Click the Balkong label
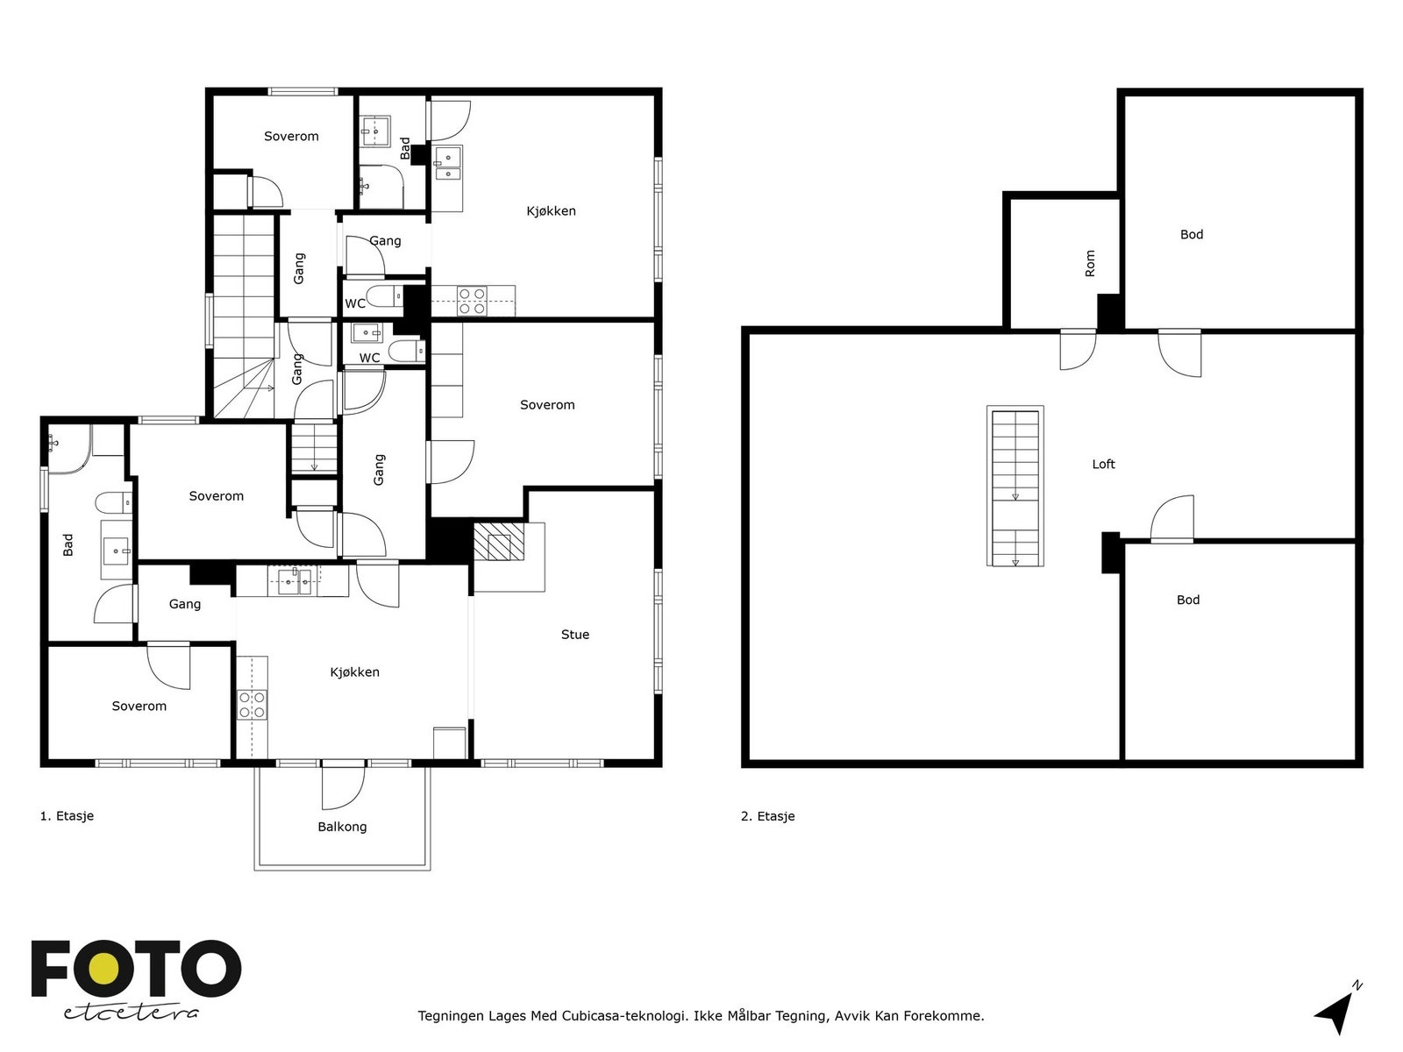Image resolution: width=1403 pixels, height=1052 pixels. pos(342,827)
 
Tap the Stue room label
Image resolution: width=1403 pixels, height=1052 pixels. pos(575,635)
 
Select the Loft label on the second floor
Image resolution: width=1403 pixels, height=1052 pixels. pos(1103,465)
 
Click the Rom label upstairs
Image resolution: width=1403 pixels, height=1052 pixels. pos(1090,264)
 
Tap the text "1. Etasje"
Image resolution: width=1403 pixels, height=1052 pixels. pos(67,816)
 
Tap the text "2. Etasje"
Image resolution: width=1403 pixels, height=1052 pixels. pos(767,816)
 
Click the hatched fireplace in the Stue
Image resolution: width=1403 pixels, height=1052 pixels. pos(499,541)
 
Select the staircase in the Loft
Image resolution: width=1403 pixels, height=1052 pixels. pos(1015,487)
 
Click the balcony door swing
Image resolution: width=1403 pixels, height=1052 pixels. pos(343,787)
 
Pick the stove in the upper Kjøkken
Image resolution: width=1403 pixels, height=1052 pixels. pos(472,301)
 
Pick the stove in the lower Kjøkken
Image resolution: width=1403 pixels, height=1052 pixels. pos(253,704)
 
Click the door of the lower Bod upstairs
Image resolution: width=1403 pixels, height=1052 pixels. pos(1172,522)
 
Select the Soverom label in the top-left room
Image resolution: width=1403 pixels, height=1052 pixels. pos(291,137)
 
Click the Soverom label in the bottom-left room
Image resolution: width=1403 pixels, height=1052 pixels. pos(139,707)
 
